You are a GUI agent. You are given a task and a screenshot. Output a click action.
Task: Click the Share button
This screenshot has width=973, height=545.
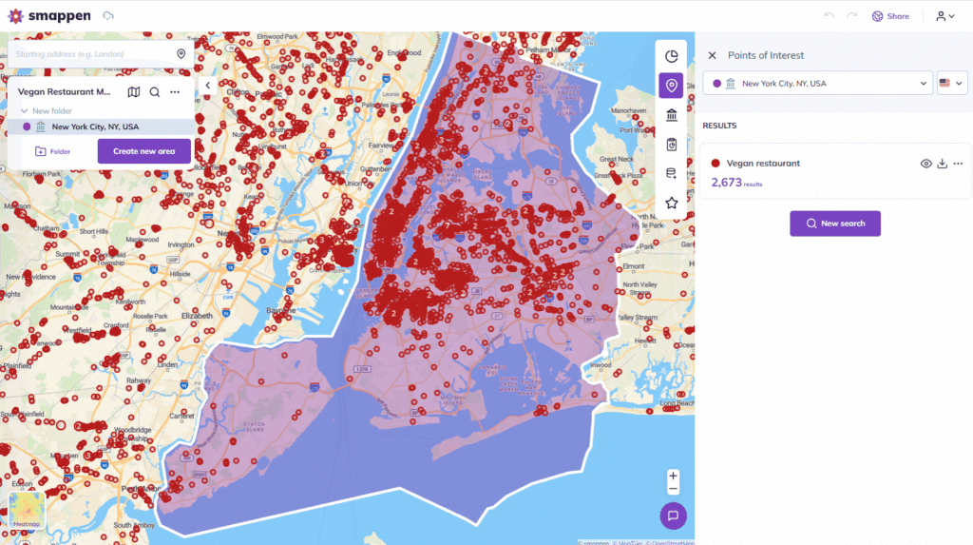(890, 16)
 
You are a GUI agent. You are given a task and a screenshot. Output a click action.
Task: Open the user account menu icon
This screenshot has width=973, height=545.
(944, 16)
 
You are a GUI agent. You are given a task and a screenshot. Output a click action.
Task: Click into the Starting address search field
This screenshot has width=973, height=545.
(95, 54)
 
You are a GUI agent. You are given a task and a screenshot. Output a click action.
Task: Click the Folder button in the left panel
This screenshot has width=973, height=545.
(52, 151)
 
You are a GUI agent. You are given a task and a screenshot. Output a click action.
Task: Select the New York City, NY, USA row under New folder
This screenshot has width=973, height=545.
(95, 127)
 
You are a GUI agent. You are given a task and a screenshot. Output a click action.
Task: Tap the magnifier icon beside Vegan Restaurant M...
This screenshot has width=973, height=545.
(155, 92)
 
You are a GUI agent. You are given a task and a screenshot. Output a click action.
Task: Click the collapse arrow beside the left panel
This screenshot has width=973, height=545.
(208, 86)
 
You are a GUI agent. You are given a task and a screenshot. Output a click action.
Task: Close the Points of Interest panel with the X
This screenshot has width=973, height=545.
(713, 55)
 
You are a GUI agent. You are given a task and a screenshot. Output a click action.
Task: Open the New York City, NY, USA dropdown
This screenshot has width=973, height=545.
(817, 84)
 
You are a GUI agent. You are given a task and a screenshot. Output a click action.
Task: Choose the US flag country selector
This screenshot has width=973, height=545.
(951, 84)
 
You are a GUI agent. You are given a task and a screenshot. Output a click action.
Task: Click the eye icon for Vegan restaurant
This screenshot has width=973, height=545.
(926, 164)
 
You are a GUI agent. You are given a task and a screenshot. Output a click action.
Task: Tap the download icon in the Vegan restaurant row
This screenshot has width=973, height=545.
(942, 164)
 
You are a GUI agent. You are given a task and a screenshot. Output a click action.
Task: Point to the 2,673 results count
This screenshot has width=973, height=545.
(727, 182)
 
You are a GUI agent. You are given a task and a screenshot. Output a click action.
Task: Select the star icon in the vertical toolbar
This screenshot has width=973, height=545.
(672, 203)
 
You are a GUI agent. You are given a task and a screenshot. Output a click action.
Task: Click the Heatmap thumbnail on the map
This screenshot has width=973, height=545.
(27, 511)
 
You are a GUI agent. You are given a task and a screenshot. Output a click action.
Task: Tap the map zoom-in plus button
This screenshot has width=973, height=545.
(673, 476)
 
